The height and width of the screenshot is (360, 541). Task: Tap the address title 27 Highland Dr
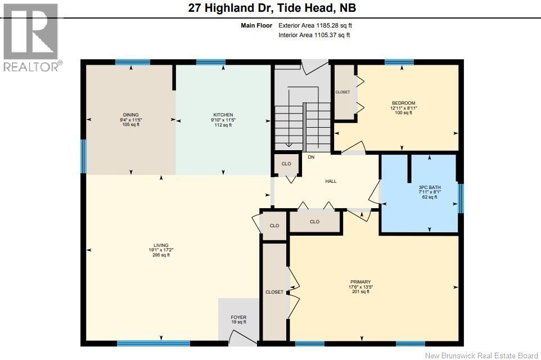pos(270,8)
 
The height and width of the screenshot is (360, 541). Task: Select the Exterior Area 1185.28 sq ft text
pos(315,25)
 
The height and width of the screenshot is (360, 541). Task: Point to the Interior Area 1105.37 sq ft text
pos(314,35)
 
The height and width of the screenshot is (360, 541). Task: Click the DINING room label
pos(130,115)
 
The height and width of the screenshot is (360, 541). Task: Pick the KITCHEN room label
pos(223,115)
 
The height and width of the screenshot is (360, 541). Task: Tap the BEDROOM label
pos(403,103)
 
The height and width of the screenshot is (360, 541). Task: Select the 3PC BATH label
pos(430,187)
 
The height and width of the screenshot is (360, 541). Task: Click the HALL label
pos(331,181)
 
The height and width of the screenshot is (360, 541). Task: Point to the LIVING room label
pos(161,245)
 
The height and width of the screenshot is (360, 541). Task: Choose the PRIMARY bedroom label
pos(360,282)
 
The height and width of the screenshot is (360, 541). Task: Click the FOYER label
pos(238,317)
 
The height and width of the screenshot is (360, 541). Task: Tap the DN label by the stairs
pos(310,157)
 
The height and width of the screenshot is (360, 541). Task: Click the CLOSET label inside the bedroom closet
pos(342,92)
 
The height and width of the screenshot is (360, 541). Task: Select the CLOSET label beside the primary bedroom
pos(274,292)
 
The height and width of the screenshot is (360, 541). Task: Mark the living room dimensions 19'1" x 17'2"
pos(161,250)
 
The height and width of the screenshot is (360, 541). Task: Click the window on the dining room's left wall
pos(83,156)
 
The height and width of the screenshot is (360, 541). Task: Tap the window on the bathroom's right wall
pos(461,199)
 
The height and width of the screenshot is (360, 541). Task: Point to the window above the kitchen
pos(211,62)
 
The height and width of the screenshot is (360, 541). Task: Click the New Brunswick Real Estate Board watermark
pos(481,355)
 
